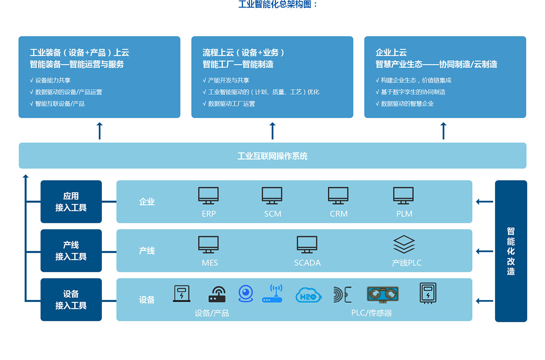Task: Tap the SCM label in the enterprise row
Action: pyautogui.click(x=273, y=214)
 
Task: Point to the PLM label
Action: pyautogui.click(x=404, y=214)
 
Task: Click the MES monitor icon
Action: pyautogui.click(x=208, y=245)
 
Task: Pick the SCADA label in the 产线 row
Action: pyautogui.click(x=307, y=263)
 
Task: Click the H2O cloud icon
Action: pyautogui.click(x=309, y=295)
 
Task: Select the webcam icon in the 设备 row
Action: pyautogui.click(x=246, y=293)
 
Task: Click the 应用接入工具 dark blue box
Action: pyautogui.click(x=71, y=202)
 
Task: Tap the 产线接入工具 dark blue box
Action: pyautogui.click(x=71, y=251)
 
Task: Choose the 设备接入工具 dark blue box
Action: pyautogui.click(x=71, y=300)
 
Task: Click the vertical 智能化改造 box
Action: pyautogui.click(x=511, y=251)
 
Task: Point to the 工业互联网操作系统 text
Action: pyautogui.click(x=272, y=156)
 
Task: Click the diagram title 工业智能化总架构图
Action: pyautogui.click(x=278, y=5)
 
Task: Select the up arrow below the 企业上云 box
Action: pyautogui.click(x=444, y=131)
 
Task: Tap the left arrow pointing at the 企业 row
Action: pyautogui.click(x=485, y=202)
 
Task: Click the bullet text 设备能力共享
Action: pyautogui.click(x=53, y=80)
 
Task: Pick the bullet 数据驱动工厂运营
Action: pyautogui.click(x=231, y=104)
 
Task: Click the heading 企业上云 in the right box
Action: pyautogui.click(x=391, y=52)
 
